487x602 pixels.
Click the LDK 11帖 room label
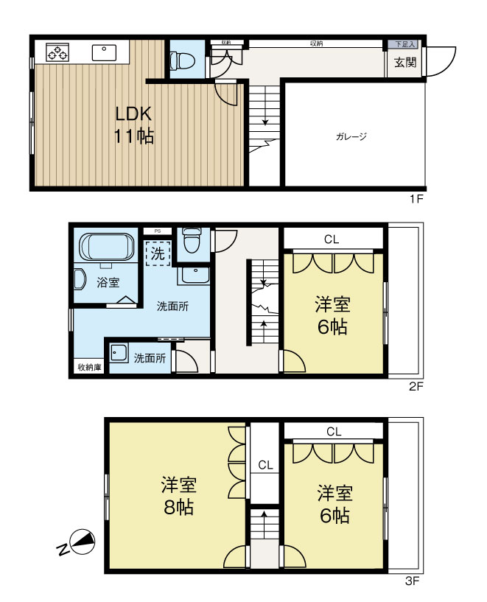(x=133, y=125)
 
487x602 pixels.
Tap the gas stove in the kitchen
(x=57, y=52)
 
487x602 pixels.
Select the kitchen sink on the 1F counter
(x=104, y=52)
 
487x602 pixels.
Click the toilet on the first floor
(x=179, y=60)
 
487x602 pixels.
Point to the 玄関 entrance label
(x=404, y=63)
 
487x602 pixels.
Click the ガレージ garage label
(x=351, y=136)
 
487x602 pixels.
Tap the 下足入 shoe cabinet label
(x=404, y=45)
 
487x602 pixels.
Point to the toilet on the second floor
(x=192, y=240)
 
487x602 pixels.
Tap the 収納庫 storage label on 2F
(x=88, y=366)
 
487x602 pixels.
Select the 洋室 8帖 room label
(x=178, y=496)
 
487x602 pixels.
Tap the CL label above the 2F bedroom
(x=332, y=239)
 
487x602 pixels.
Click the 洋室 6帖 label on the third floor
(x=334, y=503)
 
